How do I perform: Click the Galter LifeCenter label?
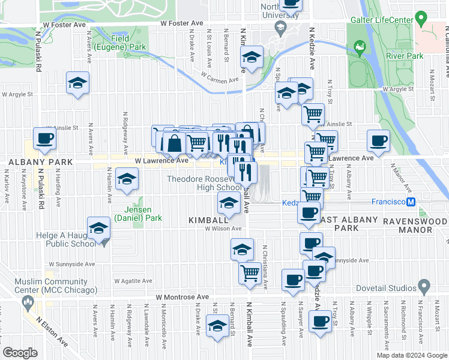point(381,20)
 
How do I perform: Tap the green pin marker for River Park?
point(360,46)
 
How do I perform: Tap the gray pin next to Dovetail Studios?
point(425,285)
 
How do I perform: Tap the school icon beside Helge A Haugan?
point(99,228)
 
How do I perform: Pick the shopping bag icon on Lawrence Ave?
point(174,143)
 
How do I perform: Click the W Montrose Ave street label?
point(182,296)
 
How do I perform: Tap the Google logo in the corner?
point(20,353)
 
